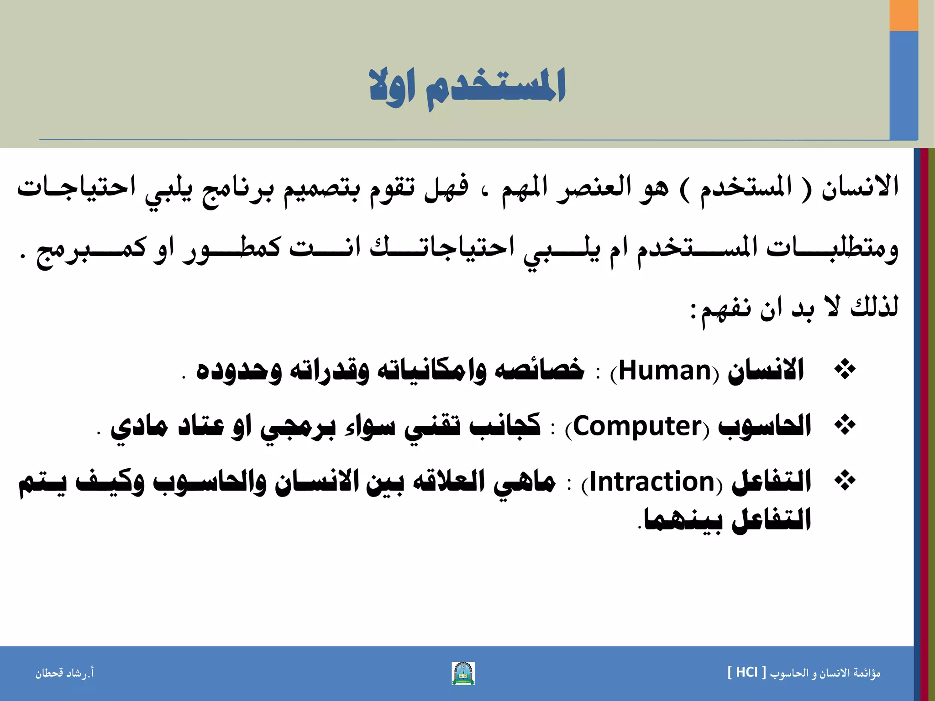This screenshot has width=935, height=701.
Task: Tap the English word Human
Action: [x=665, y=371]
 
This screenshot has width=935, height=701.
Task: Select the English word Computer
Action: [x=637, y=427]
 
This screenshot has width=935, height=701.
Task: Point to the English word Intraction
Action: [x=652, y=482]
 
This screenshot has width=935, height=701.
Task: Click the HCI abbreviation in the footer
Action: [x=747, y=672]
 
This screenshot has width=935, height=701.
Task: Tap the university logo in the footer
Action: [x=463, y=673]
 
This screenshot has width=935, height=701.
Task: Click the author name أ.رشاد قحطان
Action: [x=65, y=673]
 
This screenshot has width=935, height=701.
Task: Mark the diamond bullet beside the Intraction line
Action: [x=845, y=481]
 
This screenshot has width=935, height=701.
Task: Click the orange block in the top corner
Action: [x=903, y=15]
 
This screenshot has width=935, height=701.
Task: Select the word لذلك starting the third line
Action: [x=874, y=307]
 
